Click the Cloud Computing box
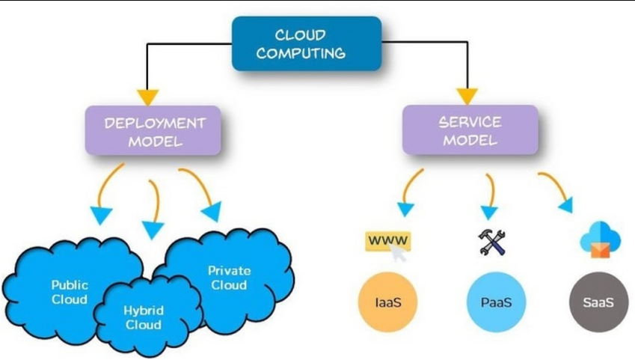307,43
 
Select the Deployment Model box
153,131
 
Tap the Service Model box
470,130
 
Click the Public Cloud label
70,292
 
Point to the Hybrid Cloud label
144,317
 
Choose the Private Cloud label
229,278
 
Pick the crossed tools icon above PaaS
492,242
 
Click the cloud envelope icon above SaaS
600,240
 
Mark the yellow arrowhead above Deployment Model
148,97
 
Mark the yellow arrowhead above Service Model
467,96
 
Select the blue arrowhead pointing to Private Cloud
212,212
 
